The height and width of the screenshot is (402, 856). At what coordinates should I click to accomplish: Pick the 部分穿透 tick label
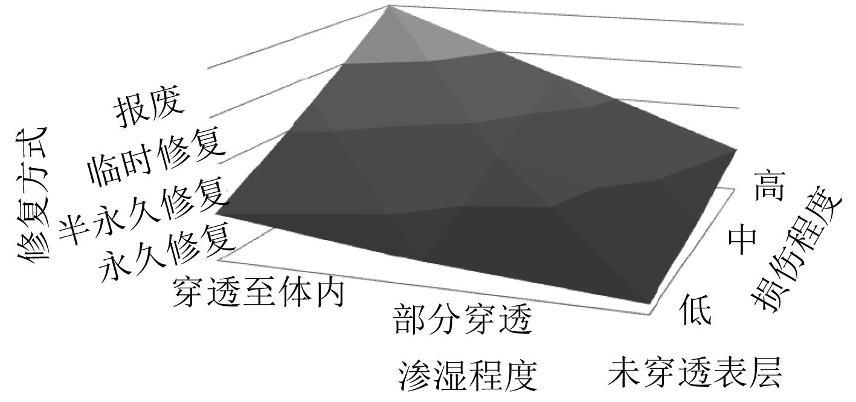pos(463,320)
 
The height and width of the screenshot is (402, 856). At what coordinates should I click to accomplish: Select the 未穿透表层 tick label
pos(695,372)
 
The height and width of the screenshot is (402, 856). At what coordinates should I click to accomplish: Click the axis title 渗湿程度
pos(468,374)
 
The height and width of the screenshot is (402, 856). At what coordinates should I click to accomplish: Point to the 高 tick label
pos(770,185)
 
